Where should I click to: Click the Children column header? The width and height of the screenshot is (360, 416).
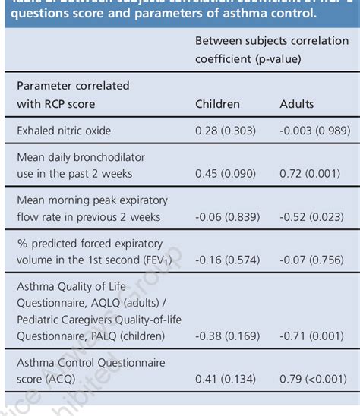pyautogui.click(x=217, y=103)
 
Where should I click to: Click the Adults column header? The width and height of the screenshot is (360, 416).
pyautogui.click(x=297, y=103)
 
